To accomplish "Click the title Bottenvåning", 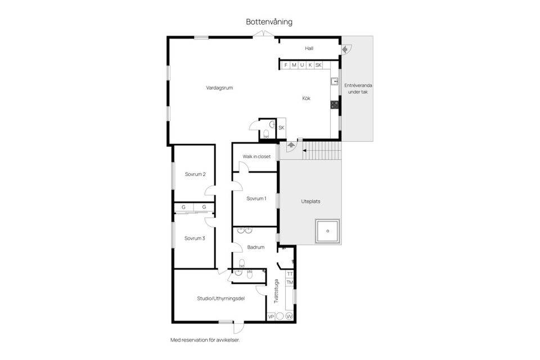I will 269,22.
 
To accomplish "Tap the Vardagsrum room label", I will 219,88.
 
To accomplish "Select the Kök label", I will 306,98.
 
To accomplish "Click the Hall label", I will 309,48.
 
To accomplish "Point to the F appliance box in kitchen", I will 286,65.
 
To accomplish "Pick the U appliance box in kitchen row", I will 302,65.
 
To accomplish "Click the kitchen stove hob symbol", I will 334,104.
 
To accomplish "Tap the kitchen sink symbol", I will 334,82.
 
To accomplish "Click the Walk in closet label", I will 256,156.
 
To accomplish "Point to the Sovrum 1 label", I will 256,198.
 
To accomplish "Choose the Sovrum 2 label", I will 195,174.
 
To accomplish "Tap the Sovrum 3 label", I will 195,238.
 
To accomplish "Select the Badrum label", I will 256,247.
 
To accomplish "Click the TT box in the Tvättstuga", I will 290,274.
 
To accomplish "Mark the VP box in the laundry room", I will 271,317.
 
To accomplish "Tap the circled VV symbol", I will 289,317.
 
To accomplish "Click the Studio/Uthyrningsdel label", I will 220,298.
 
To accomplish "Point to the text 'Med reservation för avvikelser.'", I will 209,340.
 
